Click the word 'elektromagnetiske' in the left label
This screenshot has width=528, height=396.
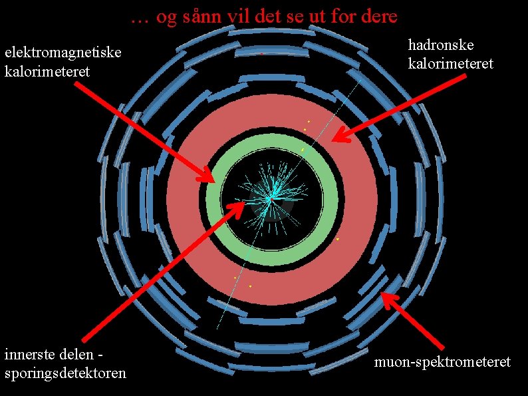pyautogui.click(x=63, y=53)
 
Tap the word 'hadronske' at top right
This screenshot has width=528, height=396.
pyautogui.click(x=441, y=45)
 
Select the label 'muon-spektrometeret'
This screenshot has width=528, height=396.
pyautogui.click(x=442, y=362)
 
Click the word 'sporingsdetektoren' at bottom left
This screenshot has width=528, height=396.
pyautogui.click(x=65, y=373)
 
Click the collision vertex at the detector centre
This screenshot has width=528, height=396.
pyautogui.click(x=270, y=199)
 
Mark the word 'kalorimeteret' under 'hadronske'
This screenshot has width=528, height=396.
pyautogui.click(x=450, y=64)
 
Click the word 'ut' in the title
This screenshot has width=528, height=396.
pyautogui.click(x=320, y=17)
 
